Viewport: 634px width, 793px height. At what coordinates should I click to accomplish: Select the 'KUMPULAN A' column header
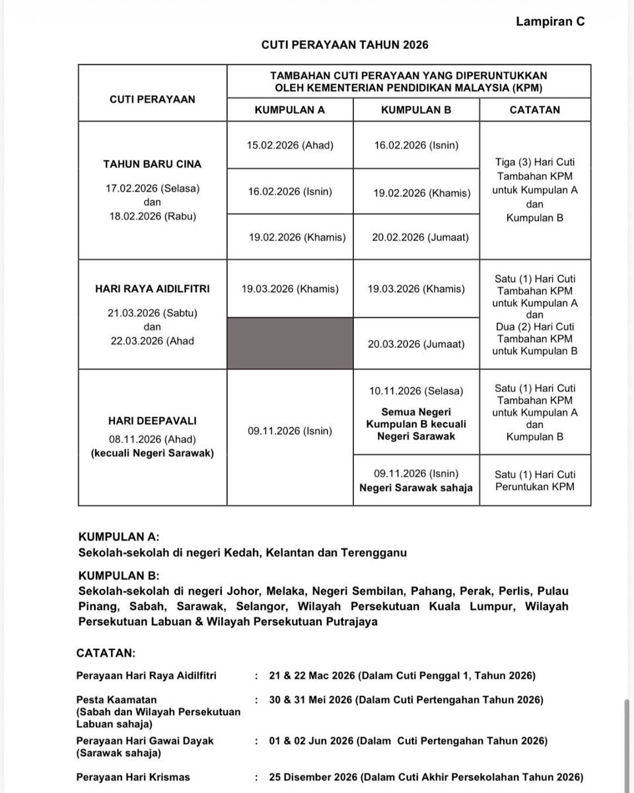tap(289, 110)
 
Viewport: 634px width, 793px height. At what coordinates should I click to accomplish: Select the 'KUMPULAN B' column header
tap(416, 110)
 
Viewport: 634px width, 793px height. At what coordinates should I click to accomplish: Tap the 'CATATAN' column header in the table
tap(534, 110)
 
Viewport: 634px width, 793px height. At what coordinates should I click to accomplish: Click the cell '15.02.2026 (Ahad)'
tap(290, 145)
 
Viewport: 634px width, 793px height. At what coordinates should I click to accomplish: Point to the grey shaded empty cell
tap(290, 344)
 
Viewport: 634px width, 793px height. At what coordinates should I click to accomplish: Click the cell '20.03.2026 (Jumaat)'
tap(416, 344)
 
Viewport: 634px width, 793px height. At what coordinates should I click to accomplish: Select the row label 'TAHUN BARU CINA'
tap(153, 164)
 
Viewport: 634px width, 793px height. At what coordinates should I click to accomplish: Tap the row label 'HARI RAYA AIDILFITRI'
tap(153, 289)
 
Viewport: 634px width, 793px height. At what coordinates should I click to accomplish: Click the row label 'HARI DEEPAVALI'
tap(153, 420)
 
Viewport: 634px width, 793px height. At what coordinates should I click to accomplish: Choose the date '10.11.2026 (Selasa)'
tap(416, 392)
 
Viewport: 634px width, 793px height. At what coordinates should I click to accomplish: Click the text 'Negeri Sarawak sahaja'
tap(416, 488)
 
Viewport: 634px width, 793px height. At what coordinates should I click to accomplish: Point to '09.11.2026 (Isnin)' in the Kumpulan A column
tap(290, 431)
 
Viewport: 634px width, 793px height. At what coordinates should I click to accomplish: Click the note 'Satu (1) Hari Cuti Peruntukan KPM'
tap(535, 480)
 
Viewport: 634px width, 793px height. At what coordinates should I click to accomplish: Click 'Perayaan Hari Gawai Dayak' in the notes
tap(145, 741)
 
